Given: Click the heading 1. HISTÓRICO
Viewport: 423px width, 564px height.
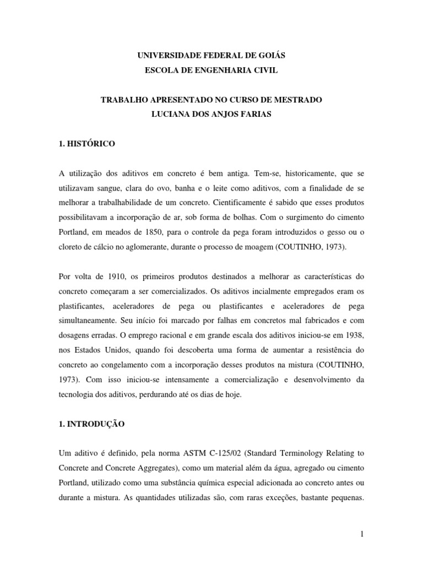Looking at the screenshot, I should point(86,143).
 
